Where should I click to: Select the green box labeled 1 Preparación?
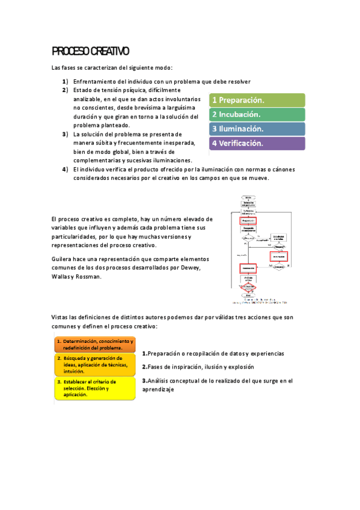[x=257, y=100]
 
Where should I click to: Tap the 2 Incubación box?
[x=257, y=114]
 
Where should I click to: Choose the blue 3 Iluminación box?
[x=257, y=129]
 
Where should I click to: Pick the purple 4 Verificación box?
[x=257, y=143]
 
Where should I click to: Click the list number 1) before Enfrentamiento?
[x=65, y=82]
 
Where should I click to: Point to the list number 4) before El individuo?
[x=65, y=170]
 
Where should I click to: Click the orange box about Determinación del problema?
[x=94, y=344]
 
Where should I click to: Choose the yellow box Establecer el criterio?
[x=94, y=388]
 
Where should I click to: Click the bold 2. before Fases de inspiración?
[x=145, y=366]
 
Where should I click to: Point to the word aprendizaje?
[x=158, y=389]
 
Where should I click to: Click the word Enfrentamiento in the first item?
[x=95, y=82]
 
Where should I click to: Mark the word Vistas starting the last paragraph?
[x=61, y=317]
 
